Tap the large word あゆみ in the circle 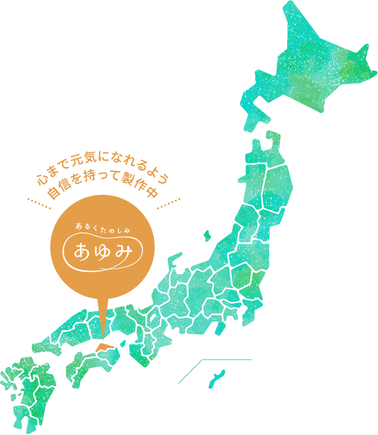[102, 249]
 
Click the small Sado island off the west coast [207, 236]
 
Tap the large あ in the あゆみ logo [81, 250]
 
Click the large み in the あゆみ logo [125, 249]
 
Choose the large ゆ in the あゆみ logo [103, 250]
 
